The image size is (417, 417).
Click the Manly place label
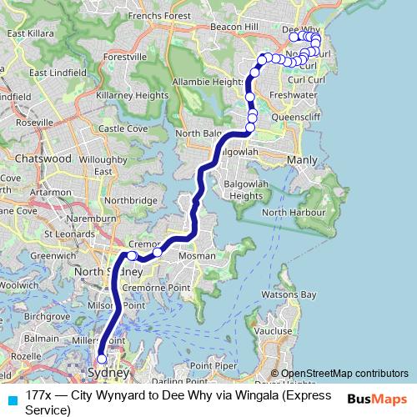tap(302, 158)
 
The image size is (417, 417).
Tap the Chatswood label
tap(43, 158)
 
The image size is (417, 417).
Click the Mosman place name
tap(197, 256)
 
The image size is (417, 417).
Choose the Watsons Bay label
tap(289, 295)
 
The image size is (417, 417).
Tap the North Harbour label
tap(289, 213)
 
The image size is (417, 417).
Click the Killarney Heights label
tap(133, 96)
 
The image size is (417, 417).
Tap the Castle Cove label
tap(123, 129)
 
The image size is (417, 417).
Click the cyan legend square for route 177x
tap(12, 400)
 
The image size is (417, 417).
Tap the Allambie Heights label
tap(208, 82)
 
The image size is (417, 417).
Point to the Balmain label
tap(42, 339)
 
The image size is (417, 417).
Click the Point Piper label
tap(214, 365)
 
